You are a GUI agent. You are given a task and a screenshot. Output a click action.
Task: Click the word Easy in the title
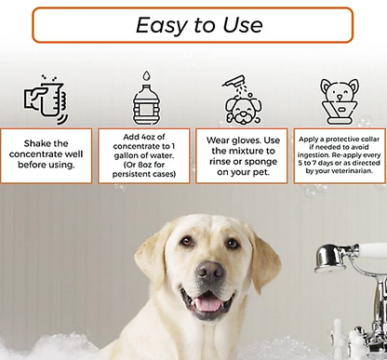(x=161, y=25)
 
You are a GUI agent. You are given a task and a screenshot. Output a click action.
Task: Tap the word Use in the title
(x=243, y=25)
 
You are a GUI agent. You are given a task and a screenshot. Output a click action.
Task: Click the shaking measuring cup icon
(x=47, y=100)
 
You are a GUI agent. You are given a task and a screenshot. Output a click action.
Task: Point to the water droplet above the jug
(x=147, y=76)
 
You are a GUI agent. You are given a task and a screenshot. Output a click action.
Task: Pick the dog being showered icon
(x=243, y=100)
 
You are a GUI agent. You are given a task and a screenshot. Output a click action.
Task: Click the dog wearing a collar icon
(x=340, y=101)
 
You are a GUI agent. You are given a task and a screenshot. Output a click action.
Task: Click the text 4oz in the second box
(x=149, y=137)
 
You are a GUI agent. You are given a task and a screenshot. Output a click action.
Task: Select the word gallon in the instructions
(x=127, y=156)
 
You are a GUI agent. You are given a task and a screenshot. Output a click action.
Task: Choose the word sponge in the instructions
(x=260, y=162)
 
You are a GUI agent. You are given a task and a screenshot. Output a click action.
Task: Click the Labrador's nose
(x=210, y=270)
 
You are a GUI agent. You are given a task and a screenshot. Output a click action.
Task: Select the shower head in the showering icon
(x=234, y=80)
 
